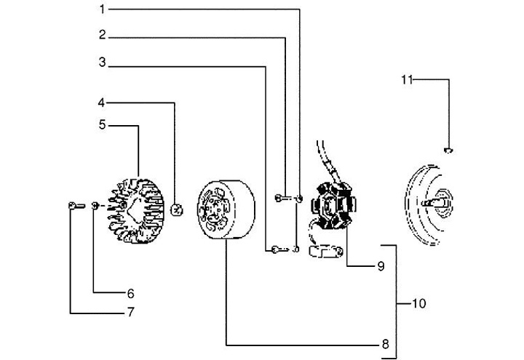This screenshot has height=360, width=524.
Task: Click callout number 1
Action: [x=103, y=9]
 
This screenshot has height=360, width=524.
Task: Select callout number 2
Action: [x=103, y=35]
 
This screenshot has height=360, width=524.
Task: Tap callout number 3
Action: [x=103, y=64]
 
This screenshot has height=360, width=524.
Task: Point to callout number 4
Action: [x=103, y=102]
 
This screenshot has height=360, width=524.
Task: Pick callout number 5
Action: [x=103, y=125]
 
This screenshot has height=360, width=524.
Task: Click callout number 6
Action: [x=131, y=294]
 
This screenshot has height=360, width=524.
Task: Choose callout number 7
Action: [x=131, y=313]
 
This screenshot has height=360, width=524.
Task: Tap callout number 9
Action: [x=380, y=266]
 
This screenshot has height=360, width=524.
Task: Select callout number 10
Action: [x=419, y=303]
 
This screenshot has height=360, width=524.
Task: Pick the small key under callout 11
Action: [x=448, y=151]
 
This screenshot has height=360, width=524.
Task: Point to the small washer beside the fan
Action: [x=95, y=208]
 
